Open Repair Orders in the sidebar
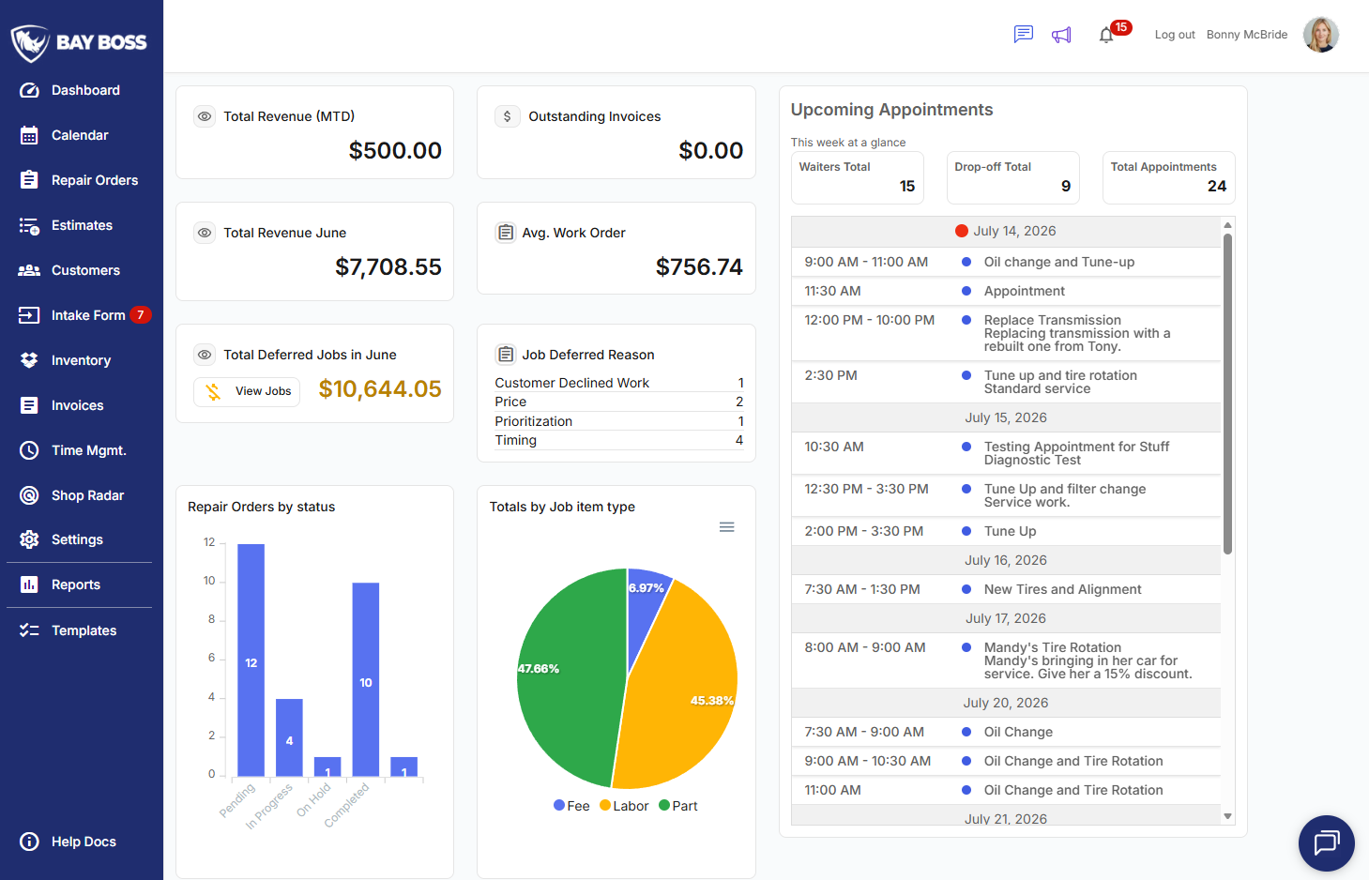(x=94, y=180)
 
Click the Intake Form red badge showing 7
(x=141, y=314)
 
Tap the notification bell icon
(x=1105, y=36)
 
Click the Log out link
(x=1174, y=35)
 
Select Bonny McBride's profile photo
(x=1321, y=35)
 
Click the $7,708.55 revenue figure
(x=388, y=267)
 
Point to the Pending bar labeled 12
(x=251, y=660)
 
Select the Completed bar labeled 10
(x=366, y=679)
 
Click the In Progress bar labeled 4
(x=289, y=737)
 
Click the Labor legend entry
(x=624, y=806)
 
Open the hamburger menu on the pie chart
(x=726, y=526)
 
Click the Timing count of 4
(x=738, y=440)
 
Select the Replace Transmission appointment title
(x=1053, y=320)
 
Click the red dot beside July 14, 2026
(x=962, y=231)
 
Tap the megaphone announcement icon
(x=1061, y=35)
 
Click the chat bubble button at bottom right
(x=1326, y=842)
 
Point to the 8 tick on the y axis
(x=211, y=619)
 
